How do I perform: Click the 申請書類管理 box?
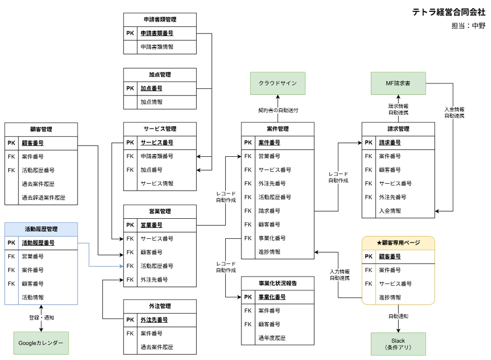[x=160, y=20]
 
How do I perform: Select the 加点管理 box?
[x=160, y=75]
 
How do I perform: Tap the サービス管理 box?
[x=160, y=129]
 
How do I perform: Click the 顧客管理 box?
[x=41, y=130]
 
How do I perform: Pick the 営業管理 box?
[x=160, y=212]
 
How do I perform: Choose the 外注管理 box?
[x=160, y=307]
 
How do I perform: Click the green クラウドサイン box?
[x=278, y=84]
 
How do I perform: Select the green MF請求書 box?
[x=398, y=84]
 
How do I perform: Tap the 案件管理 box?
[x=278, y=129]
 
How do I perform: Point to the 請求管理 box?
[x=398, y=129]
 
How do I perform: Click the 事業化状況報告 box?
[x=278, y=283]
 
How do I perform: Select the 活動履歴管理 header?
[x=41, y=230]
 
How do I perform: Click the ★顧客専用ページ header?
[x=398, y=243]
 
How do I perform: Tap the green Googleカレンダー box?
[x=41, y=343]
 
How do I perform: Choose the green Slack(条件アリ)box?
[x=398, y=344]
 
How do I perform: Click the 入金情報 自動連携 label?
[x=454, y=113]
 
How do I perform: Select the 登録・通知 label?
[x=42, y=318]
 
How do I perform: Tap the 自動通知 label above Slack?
[x=398, y=316]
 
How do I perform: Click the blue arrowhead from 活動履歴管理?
[x=122, y=266]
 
